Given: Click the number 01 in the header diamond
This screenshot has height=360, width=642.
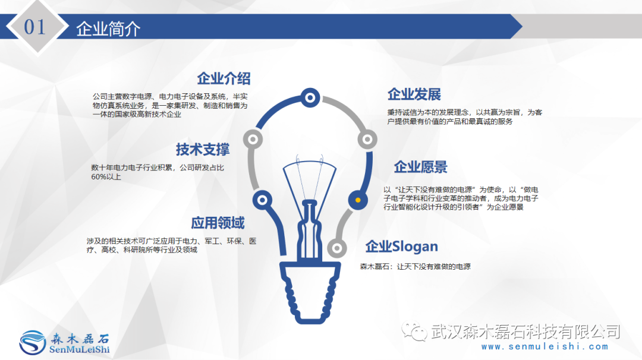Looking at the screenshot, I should click(34, 27).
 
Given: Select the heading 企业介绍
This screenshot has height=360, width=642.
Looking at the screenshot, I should click(224, 78).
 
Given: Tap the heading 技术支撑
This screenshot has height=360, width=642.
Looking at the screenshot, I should click(203, 149).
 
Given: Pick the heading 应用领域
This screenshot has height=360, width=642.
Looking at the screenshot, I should click(218, 223).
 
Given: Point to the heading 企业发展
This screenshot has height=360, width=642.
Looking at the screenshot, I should click(414, 94).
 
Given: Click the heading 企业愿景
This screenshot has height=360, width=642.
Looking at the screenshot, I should click(420, 167).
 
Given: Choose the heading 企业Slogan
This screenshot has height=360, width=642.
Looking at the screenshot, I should click(401, 247).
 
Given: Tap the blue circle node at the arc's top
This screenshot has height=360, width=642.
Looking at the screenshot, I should click(310, 97).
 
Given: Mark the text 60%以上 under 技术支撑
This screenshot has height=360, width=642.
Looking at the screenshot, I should click(106, 177).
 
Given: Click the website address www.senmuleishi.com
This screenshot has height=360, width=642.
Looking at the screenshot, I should click(545, 347).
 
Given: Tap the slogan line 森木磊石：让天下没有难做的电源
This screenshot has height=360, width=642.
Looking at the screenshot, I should click(415, 267).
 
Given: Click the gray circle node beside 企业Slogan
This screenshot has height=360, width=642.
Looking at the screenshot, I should click(336, 248).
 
